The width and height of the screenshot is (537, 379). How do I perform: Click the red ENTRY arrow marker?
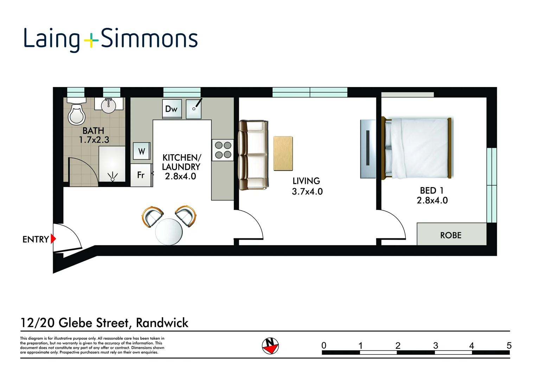pyautogui.click(x=53, y=239)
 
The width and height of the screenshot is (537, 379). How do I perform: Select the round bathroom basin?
pyautogui.click(x=109, y=106)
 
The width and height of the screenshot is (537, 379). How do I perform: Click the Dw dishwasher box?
pyautogui.click(x=172, y=109)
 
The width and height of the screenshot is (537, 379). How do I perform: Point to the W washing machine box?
pyautogui.click(x=141, y=151)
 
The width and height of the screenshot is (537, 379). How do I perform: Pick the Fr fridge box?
pyautogui.click(x=141, y=175)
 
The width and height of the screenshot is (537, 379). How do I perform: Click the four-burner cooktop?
pyautogui.click(x=223, y=150)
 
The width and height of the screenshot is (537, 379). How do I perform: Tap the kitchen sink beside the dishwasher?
pyautogui.click(x=194, y=109)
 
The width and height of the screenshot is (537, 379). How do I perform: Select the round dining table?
pyautogui.click(x=169, y=232)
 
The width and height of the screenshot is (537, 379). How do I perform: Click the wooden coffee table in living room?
pyautogui.click(x=283, y=154)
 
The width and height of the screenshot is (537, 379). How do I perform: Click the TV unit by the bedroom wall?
pyautogui.click(x=368, y=149)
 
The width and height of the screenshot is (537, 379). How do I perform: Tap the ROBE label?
pyautogui.click(x=450, y=235)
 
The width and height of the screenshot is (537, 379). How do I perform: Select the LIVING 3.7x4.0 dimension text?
pyautogui.click(x=307, y=191)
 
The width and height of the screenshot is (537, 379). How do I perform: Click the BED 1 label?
pyautogui.click(x=431, y=191)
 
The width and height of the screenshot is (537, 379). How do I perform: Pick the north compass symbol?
pyautogui.click(x=270, y=346)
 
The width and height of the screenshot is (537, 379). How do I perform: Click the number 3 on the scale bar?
pyautogui.click(x=435, y=346)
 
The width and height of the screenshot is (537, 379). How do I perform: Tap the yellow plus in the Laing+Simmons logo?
pyautogui.click(x=91, y=40)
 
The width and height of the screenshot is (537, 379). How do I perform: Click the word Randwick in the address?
pyautogui.click(x=162, y=323)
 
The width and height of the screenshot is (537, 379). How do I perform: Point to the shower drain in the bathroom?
pyautogui.click(x=113, y=179)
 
